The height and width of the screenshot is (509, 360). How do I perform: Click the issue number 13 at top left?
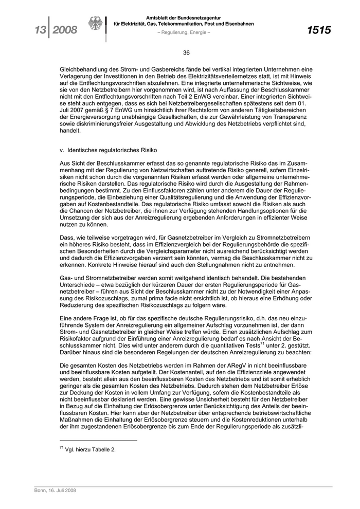pos(37,30)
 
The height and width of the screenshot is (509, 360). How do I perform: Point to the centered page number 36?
pos(186,52)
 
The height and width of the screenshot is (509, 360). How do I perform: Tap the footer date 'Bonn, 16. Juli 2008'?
pos(52,492)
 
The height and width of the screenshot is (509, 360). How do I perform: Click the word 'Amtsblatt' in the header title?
pos(158,17)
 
